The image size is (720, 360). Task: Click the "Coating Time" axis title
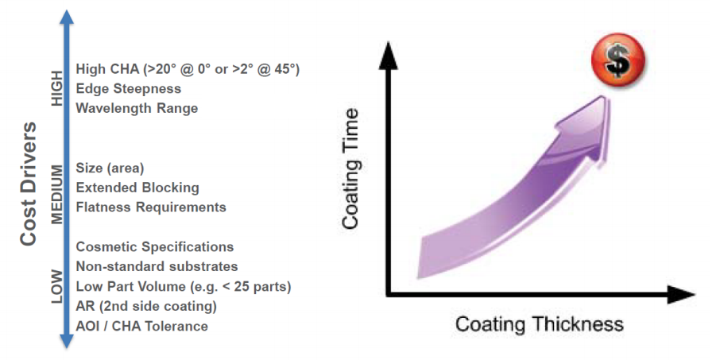click(x=352, y=170)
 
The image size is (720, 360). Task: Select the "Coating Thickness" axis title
click(x=539, y=323)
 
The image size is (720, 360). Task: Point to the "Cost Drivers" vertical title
click(x=29, y=184)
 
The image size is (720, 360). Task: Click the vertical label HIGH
click(x=56, y=88)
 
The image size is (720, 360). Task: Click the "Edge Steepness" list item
click(x=128, y=88)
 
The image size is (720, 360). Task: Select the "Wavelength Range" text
click(x=136, y=107)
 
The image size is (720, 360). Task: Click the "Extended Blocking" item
click(x=137, y=188)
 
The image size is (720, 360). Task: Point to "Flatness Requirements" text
click(x=150, y=207)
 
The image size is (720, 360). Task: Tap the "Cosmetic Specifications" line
click(x=154, y=246)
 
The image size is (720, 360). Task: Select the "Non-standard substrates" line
click(x=157, y=266)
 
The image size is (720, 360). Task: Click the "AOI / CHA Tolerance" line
click(x=141, y=326)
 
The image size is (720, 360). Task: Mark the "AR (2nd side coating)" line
click(x=145, y=306)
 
